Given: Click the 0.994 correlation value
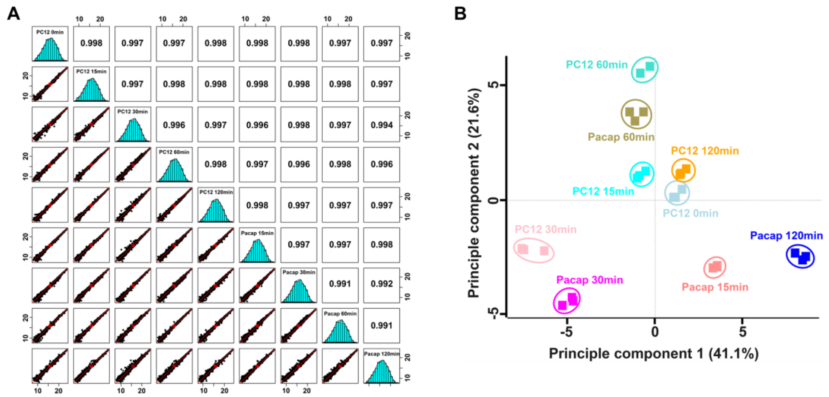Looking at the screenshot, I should [x=381, y=125].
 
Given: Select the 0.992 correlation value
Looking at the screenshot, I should [x=381, y=284].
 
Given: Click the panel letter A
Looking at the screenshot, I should [x=13, y=14].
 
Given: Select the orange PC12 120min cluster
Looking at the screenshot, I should [x=683, y=171].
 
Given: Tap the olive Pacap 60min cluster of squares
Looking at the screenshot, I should [x=636, y=114].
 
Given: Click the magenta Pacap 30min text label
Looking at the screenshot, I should [x=589, y=280].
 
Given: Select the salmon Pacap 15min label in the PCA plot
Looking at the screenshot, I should [x=715, y=287].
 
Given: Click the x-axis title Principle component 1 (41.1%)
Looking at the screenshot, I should [x=654, y=354].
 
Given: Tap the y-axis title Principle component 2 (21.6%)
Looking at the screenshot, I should [x=474, y=193].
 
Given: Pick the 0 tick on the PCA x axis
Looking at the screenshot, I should [x=655, y=332].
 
